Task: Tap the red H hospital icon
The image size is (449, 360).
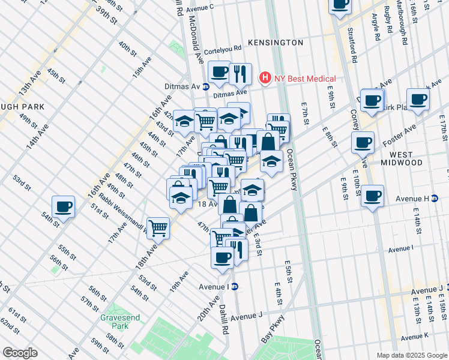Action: coord(263,78)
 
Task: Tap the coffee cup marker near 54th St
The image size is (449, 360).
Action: coord(63,208)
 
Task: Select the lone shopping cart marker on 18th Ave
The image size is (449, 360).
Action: coord(158,227)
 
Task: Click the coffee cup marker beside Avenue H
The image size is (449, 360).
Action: coord(373,196)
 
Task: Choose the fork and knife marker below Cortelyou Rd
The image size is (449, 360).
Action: coord(240,74)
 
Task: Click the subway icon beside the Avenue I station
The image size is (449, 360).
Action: coord(235,286)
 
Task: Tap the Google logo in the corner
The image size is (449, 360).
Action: coord(20,353)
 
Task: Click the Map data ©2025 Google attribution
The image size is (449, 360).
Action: coord(411,355)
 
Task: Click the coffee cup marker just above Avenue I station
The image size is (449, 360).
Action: coord(222,257)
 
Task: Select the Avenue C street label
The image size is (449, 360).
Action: coord(200,8)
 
